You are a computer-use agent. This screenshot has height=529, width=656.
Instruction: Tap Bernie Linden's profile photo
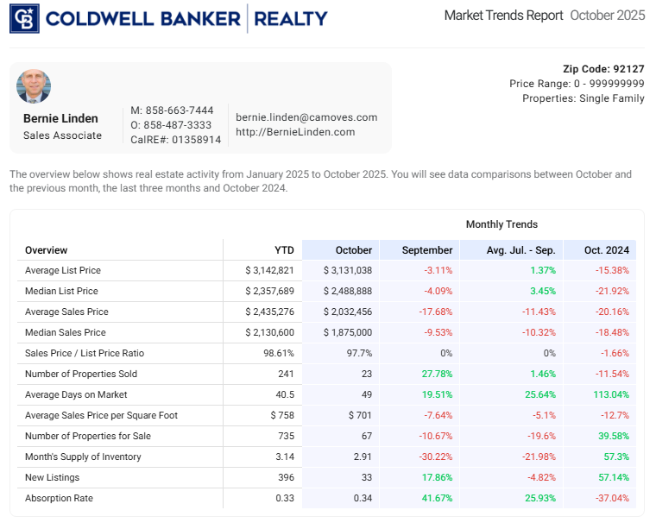[x=34, y=86]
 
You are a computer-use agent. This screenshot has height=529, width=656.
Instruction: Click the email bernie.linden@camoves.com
[x=306, y=117]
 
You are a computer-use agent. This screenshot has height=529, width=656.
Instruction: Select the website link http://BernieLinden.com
[x=295, y=132]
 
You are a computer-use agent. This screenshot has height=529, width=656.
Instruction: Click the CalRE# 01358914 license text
[x=175, y=140]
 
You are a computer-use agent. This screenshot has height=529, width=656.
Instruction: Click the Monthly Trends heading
[x=501, y=224]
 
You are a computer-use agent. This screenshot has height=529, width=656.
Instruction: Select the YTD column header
[x=284, y=250]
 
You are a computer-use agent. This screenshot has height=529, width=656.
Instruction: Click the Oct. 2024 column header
[x=606, y=250]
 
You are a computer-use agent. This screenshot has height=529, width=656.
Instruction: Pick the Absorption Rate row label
[x=59, y=498]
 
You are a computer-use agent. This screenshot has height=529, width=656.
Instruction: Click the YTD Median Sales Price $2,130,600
[x=269, y=332]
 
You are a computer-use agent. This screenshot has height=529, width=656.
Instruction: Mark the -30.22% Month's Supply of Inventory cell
[x=432, y=457]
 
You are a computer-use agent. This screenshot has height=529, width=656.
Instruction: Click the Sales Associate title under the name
[x=62, y=135]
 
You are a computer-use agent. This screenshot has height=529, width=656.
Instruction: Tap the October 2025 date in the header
[x=607, y=16]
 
